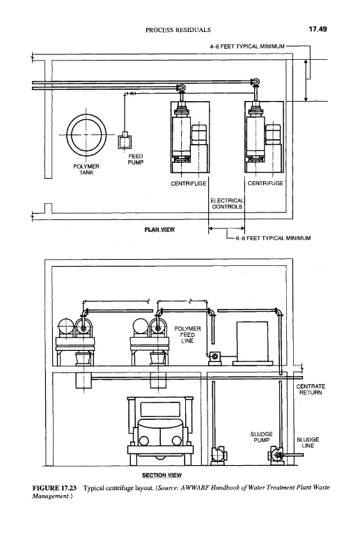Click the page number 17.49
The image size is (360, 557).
[318, 29]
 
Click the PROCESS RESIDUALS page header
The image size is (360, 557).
[178, 30]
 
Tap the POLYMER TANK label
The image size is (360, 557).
[86, 169]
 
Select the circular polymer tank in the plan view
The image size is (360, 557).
[86, 134]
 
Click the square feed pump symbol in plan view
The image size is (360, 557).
[125, 141]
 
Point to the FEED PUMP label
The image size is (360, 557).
[135, 159]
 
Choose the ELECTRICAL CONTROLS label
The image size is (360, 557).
[227, 203]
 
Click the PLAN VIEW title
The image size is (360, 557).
[159, 229]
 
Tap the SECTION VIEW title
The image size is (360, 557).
[162, 476]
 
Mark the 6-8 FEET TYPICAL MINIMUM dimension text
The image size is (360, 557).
[273, 238]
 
